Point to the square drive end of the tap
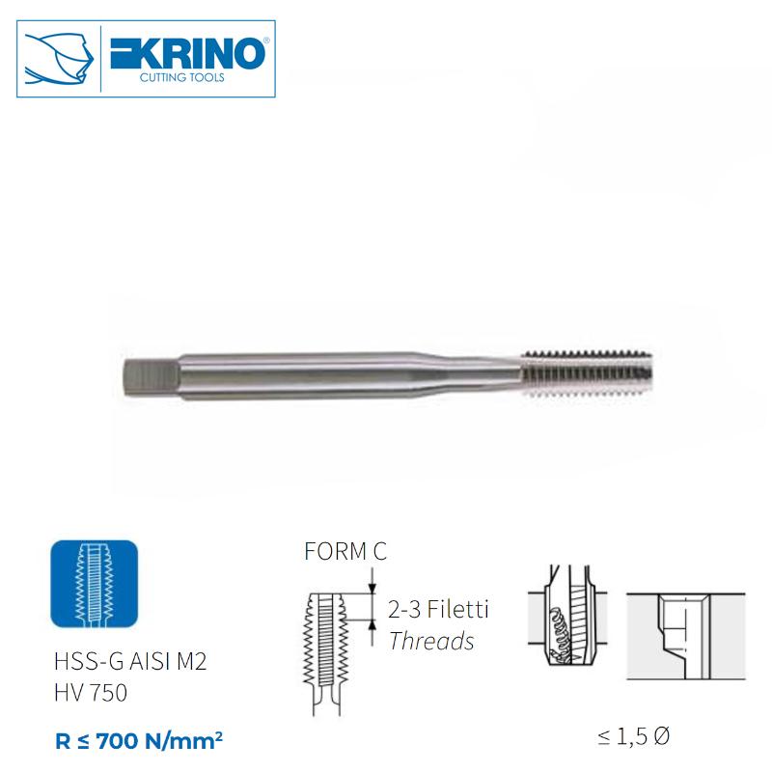point(149,372)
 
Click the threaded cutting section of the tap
point(589,371)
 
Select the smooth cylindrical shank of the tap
point(289,372)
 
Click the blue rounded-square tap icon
point(93,584)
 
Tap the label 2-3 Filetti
point(438,610)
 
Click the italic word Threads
point(430,641)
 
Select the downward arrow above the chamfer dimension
point(372,583)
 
